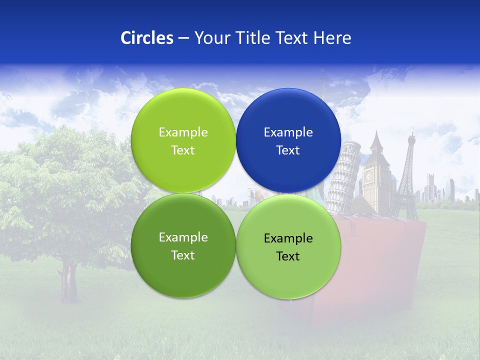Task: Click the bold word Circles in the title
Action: pyautogui.click(x=146, y=38)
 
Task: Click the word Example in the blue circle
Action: pyautogui.click(x=288, y=132)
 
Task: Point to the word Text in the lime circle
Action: pyautogui.click(x=183, y=150)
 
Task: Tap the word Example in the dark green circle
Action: pyautogui.click(x=183, y=237)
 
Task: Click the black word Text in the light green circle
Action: pyautogui.click(x=288, y=256)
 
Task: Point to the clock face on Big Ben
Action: pyautogui.click(x=369, y=176)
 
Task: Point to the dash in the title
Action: pyautogui.click(x=183, y=38)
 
